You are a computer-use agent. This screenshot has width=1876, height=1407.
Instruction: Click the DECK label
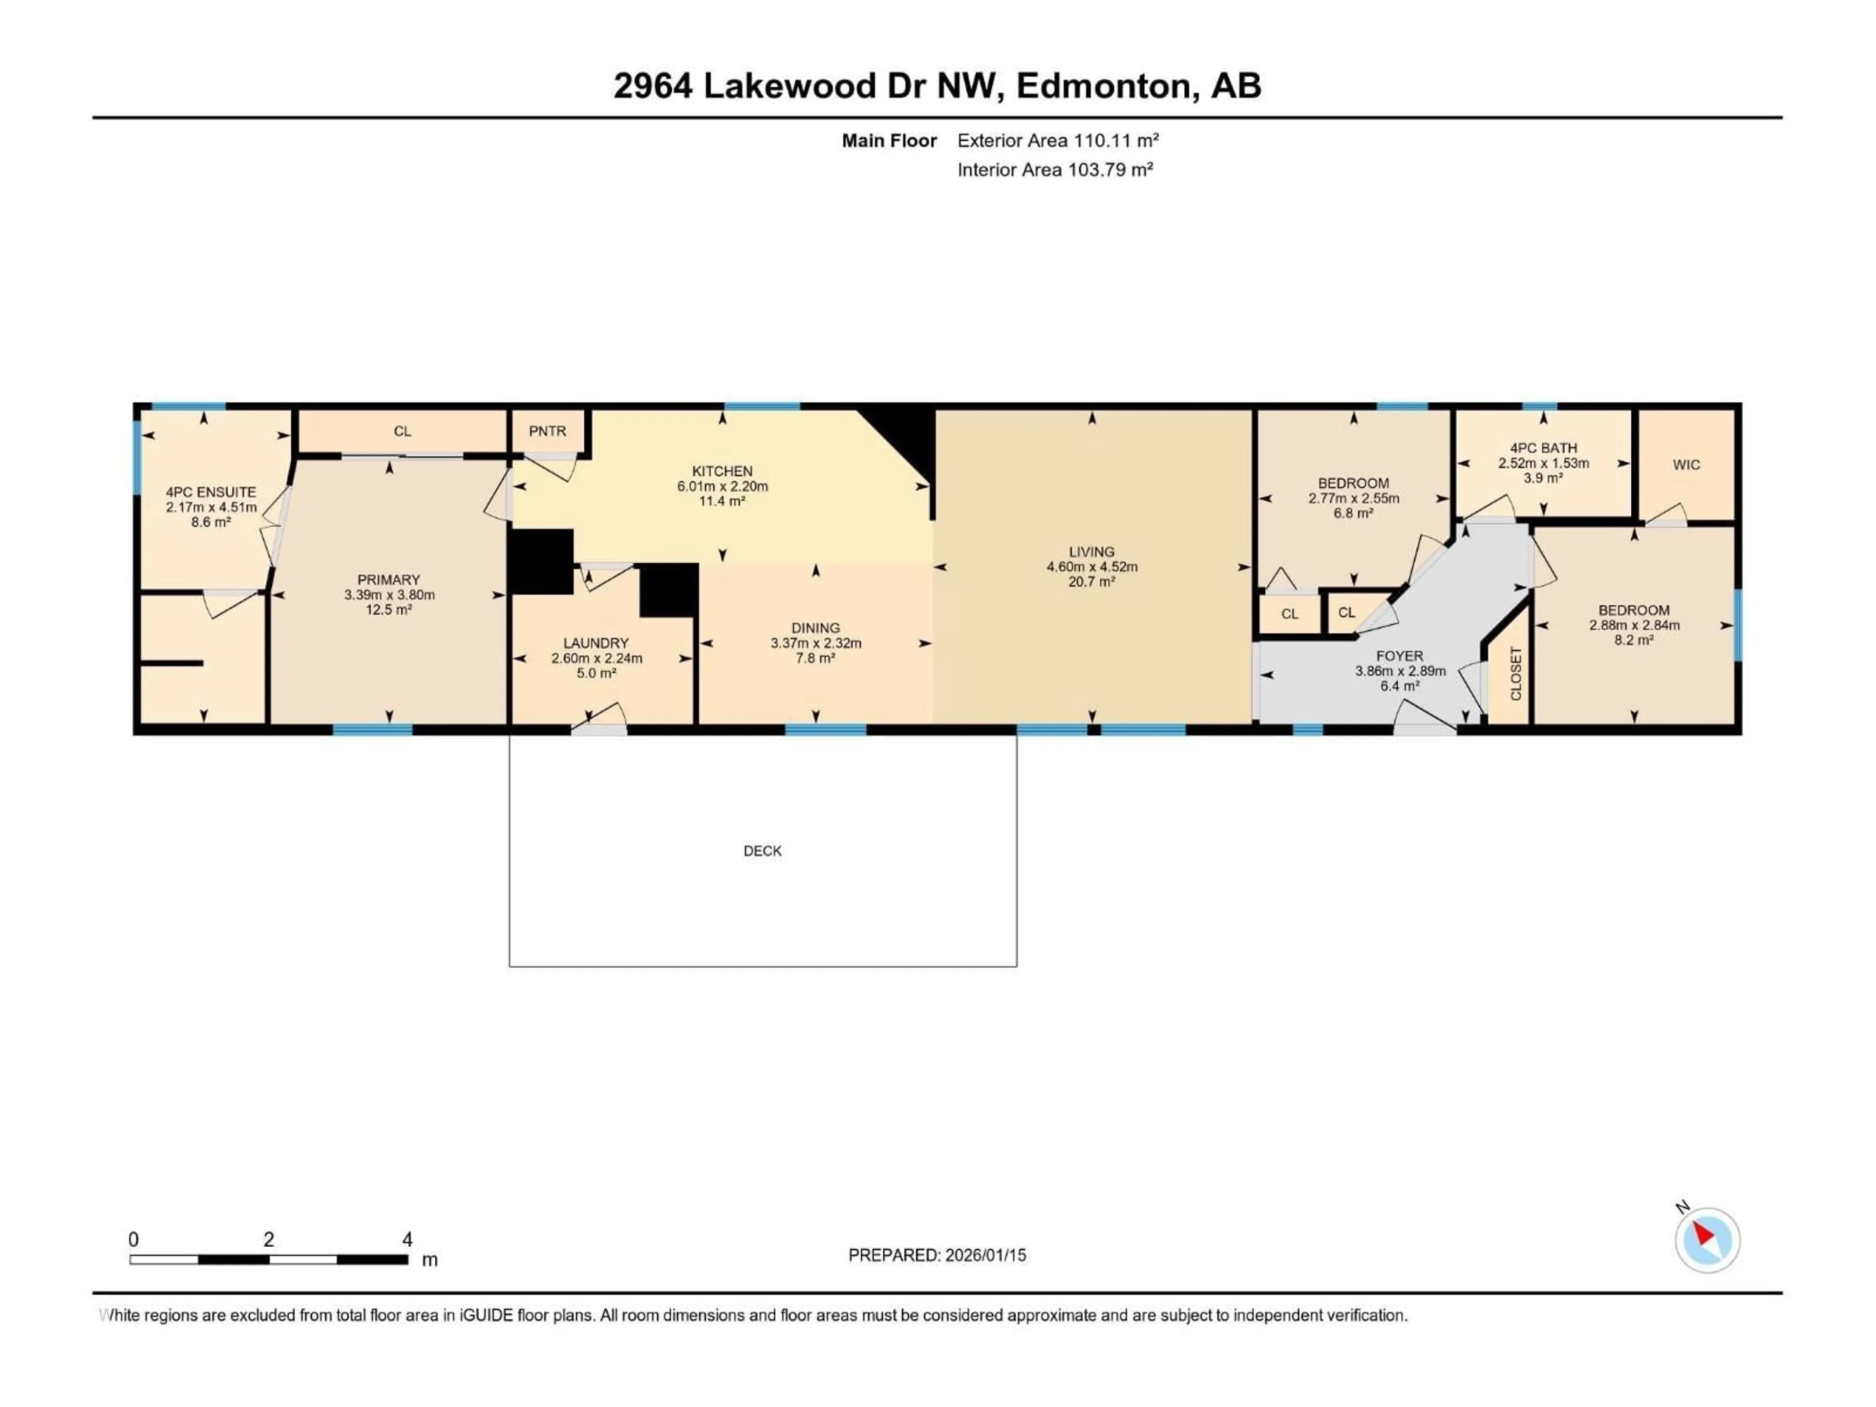coord(763,851)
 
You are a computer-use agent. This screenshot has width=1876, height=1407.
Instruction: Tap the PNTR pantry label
coord(547,431)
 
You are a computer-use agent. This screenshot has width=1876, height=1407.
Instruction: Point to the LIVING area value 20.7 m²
coord(1091,582)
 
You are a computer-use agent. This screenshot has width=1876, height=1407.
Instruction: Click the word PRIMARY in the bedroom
coord(388,580)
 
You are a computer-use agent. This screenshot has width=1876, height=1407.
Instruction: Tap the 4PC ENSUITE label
coord(211,492)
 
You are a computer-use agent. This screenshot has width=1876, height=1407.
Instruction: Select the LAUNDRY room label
coord(596,643)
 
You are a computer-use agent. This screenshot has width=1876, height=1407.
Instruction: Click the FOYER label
coord(1399,656)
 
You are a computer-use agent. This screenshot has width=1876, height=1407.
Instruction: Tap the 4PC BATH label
coord(1543,448)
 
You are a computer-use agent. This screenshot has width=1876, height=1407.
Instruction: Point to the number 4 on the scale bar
coord(407,1239)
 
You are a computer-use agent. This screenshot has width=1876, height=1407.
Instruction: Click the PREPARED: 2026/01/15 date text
coord(937,1255)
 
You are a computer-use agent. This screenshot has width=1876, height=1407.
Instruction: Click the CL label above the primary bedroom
coord(402,431)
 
